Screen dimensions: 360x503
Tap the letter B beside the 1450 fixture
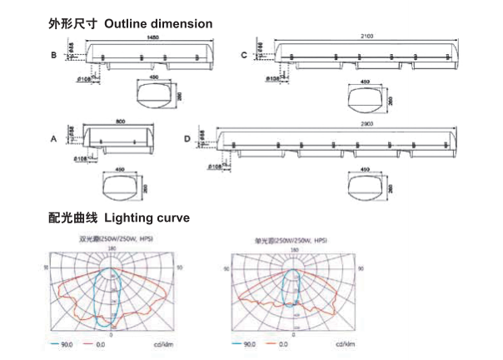click(53, 56)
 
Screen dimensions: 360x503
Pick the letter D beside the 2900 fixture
click(187, 138)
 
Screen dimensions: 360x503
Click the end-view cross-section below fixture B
click(157, 94)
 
